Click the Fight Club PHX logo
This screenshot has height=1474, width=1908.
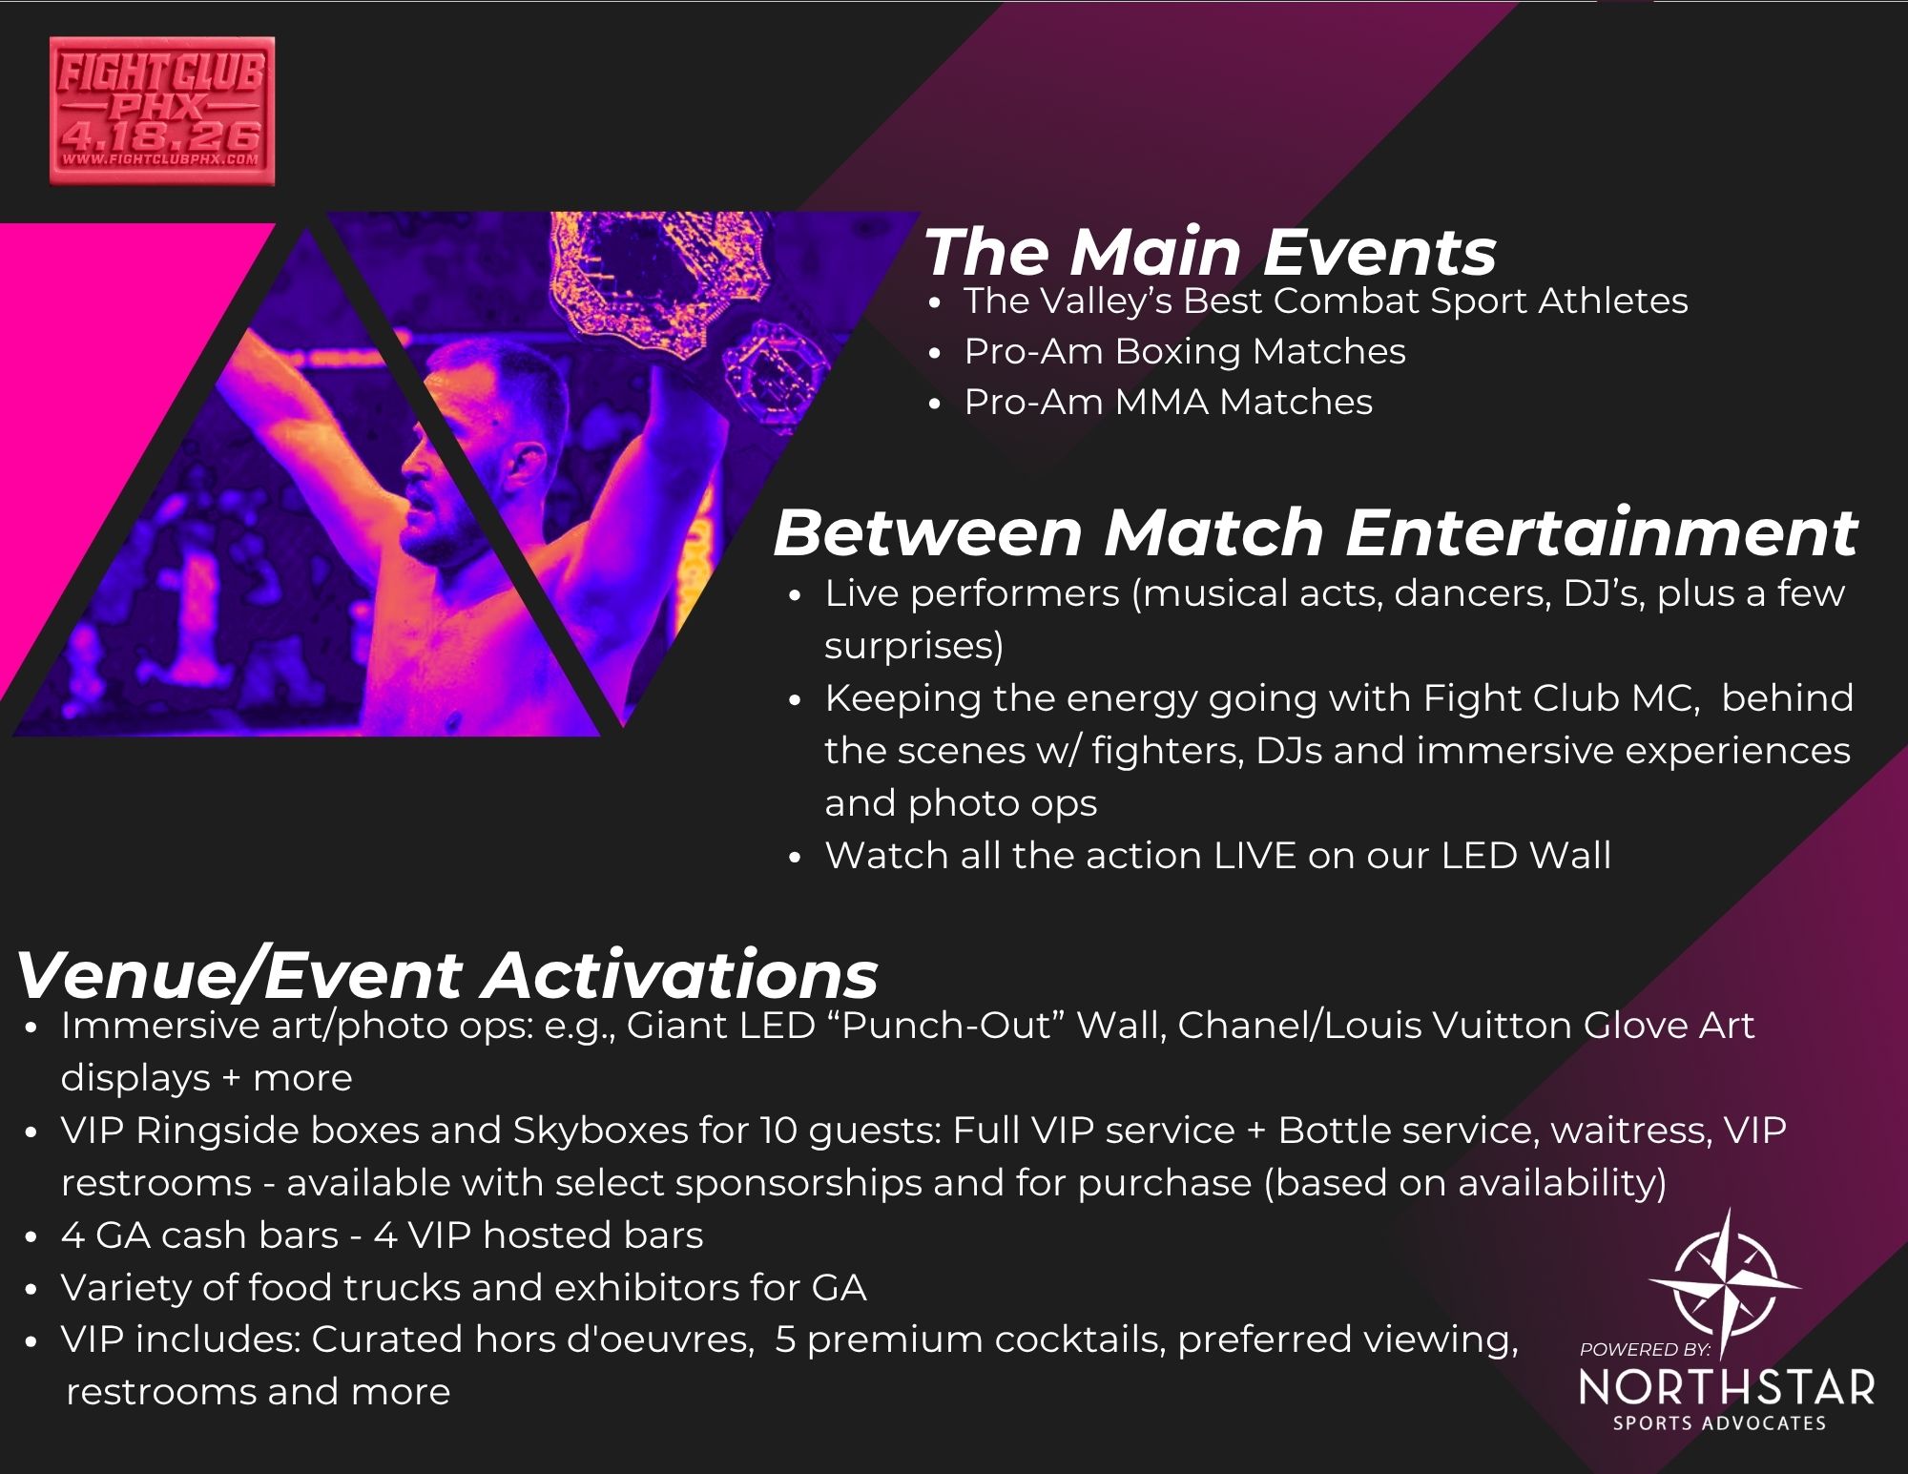click(162, 111)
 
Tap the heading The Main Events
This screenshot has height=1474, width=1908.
click(1210, 252)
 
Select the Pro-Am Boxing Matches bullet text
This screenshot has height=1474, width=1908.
click(1185, 351)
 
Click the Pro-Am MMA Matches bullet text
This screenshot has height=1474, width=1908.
click(1169, 402)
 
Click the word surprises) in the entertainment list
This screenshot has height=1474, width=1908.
click(914, 646)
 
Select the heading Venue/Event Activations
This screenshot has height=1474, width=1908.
click(447, 974)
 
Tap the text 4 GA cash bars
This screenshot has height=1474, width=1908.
click(200, 1235)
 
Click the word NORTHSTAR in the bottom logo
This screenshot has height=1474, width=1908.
click(1727, 1388)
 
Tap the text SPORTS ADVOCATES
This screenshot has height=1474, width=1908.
click(1719, 1423)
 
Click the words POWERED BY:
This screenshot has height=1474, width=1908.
click(1646, 1349)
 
